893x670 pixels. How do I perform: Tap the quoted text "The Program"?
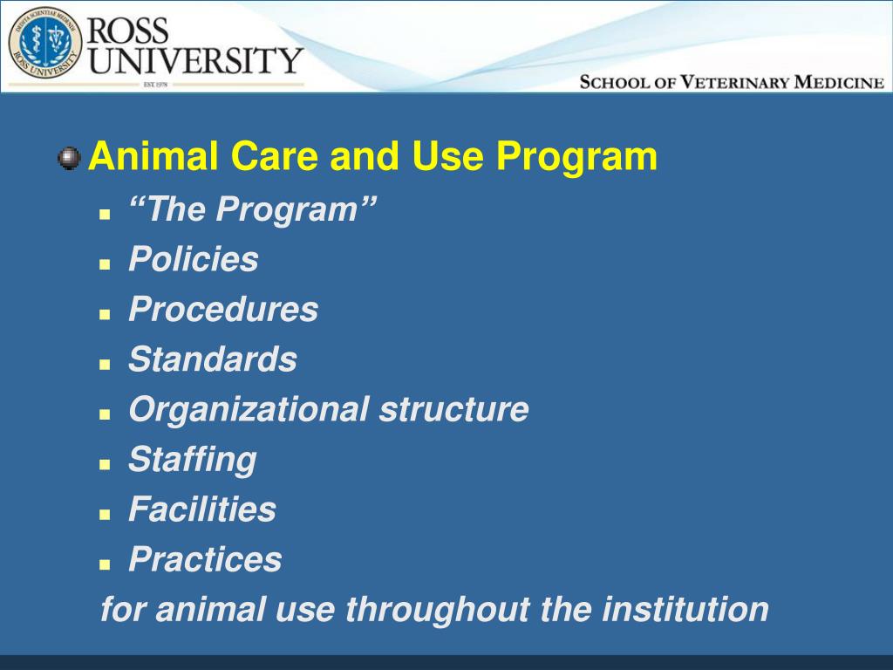pyautogui.click(x=253, y=210)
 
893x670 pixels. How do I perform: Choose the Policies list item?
pyautogui.click(x=194, y=260)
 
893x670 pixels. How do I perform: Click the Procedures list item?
pyautogui.click(x=223, y=310)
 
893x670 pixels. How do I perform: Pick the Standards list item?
pyautogui.click(x=213, y=359)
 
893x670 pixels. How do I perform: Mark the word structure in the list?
pyautogui.click(x=453, y=409)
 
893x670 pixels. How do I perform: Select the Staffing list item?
pyautogui.click(x=193, y=460)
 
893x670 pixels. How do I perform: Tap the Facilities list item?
pyautogui.click(x=202, y=509)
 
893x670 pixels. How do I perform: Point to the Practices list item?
pyautogui.click(x=205, y=559)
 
